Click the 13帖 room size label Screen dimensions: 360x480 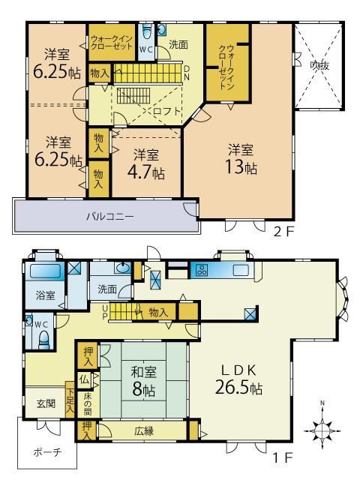(x=241, y=167)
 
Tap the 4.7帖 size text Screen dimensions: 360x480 (x=146, y=172)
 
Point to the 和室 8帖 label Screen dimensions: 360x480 (x=143, y=381)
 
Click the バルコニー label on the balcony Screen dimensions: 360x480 (x=110, y=217)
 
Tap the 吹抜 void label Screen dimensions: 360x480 (x=319, y=65)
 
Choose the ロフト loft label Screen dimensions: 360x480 (x=166, y=111)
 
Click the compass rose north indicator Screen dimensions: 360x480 (x=322, y=430)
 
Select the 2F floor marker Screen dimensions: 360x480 (x=283, y=232)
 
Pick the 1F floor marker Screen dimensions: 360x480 (x=283, y=457)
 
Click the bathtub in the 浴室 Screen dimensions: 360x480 (x=45, y=271)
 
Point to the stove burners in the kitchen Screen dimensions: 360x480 (x=202, y=270)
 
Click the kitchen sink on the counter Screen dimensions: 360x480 (x=241, y=270)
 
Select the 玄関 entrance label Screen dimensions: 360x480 (x=46, y=403)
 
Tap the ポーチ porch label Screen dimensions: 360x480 (x=47, y=452)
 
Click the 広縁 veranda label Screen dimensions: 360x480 (x=144, y=431)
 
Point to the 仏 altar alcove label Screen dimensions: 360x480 (x=84, y=380)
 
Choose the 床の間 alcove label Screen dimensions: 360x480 (x=88, y=403)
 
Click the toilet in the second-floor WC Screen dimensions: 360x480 (x=148, y=31)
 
